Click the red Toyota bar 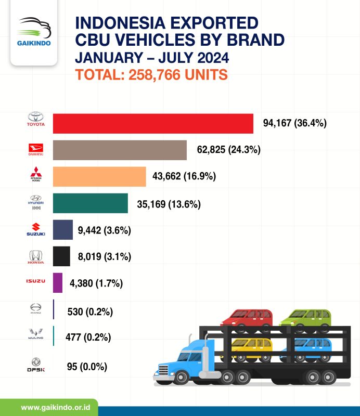coord(153,124)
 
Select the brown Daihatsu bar coord(120,150)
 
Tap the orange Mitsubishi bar coord(99,176)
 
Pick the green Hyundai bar coord(91,203)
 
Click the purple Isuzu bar coord(58,283)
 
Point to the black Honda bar coord(61,256)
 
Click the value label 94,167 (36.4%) coord(294,123)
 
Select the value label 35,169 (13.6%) coord(169,203)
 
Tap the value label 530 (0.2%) coord(90,311)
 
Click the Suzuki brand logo coord(36,230)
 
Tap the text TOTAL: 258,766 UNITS coord(152,74)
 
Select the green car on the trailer coord(306,318)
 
